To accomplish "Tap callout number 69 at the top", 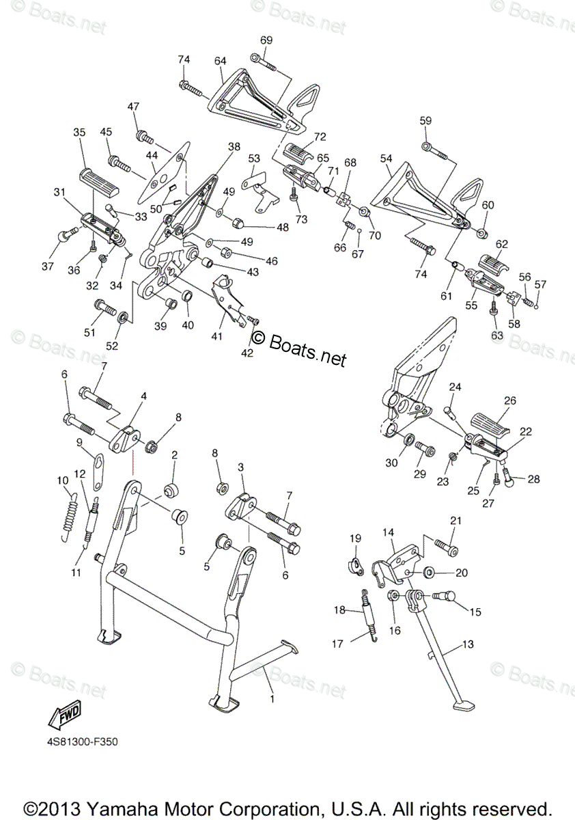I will coord(266,40).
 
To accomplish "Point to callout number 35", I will coord(79,132).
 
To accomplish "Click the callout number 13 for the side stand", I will coord(467,644).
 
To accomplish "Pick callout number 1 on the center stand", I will coord(272,700).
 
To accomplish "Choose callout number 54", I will coord(387,159).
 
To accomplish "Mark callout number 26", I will coord(510,400).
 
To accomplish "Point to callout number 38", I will coord(234,146).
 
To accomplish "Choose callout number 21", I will coord(456,521).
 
